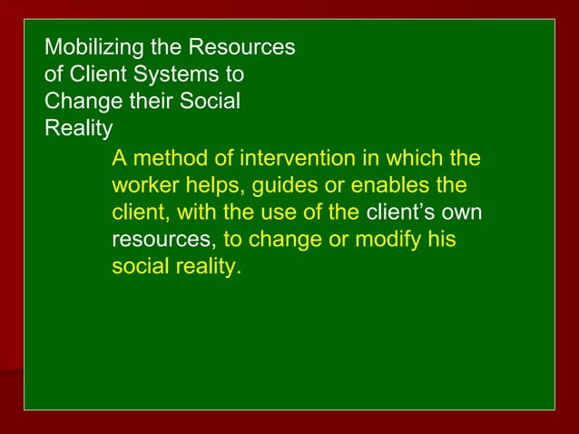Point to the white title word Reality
coord(78,127)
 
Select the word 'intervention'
coord(295,160)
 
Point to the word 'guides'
coord(284,187)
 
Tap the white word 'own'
coord(463,214)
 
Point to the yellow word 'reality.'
coord(209,269)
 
